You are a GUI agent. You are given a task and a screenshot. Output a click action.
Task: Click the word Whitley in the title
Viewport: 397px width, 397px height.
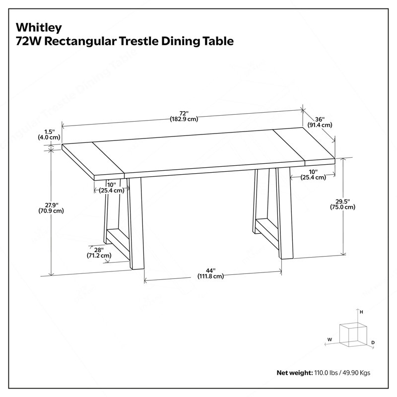point(39,28)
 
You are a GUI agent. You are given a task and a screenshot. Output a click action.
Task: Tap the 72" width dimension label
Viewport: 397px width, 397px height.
point(184,116)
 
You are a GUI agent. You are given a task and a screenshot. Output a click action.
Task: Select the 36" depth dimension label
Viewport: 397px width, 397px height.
point(320,122)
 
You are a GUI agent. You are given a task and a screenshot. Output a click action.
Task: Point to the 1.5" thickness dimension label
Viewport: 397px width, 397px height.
point(49,134)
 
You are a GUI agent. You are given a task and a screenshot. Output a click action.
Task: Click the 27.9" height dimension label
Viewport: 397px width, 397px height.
point(51,207)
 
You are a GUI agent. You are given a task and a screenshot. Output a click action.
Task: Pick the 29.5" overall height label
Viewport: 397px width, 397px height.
point(342,204)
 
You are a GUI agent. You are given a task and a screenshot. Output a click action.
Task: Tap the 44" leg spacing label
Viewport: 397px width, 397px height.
point(210,273)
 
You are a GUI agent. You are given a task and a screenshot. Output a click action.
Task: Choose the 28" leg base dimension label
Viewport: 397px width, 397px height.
point(99,253)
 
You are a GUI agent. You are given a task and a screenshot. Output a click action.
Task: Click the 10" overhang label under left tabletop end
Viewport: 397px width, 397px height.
point(112,188)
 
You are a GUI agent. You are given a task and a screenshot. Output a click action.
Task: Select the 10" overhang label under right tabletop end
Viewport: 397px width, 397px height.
point(313,175)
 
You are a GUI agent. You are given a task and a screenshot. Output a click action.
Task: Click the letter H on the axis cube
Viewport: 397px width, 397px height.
point(361,312)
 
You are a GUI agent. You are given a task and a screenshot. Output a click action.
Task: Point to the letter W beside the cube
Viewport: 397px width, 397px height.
point(330,339)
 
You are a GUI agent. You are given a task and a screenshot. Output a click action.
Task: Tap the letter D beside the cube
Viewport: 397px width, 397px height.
point(373,342)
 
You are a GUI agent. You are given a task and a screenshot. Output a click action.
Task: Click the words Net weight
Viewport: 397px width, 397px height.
point(295,373)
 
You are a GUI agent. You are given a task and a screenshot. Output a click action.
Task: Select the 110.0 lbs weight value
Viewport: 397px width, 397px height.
point(326,373)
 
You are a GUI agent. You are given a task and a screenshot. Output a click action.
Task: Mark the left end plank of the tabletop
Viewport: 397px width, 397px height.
point(93,159)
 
